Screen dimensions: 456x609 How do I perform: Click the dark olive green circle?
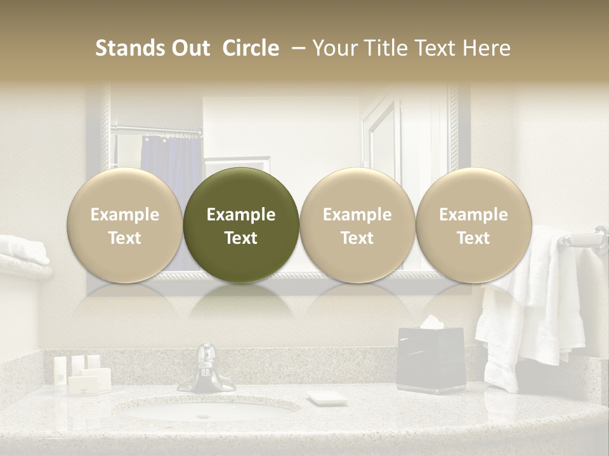pyautogui.click(x=241, y=225)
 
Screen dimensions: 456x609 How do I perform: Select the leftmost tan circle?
pyautogui.click(x=124, y=225)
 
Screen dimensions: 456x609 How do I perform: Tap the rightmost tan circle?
pyautogui.click(x=473, y=225)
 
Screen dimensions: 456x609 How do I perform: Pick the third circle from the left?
pyautogui.click(x=357, y=225)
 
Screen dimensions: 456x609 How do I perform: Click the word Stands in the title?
pyautogui.click(x=131, y=48)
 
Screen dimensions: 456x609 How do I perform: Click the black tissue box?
pyautogui.click(x=431, y=361)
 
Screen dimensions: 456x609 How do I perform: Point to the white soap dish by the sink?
pyautogui.click(x=327, y=398)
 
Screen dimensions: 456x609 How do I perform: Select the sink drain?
pyautogui.click(x=203, y=416)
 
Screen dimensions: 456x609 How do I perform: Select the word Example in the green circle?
pyautogui.click(x=241, y=215)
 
